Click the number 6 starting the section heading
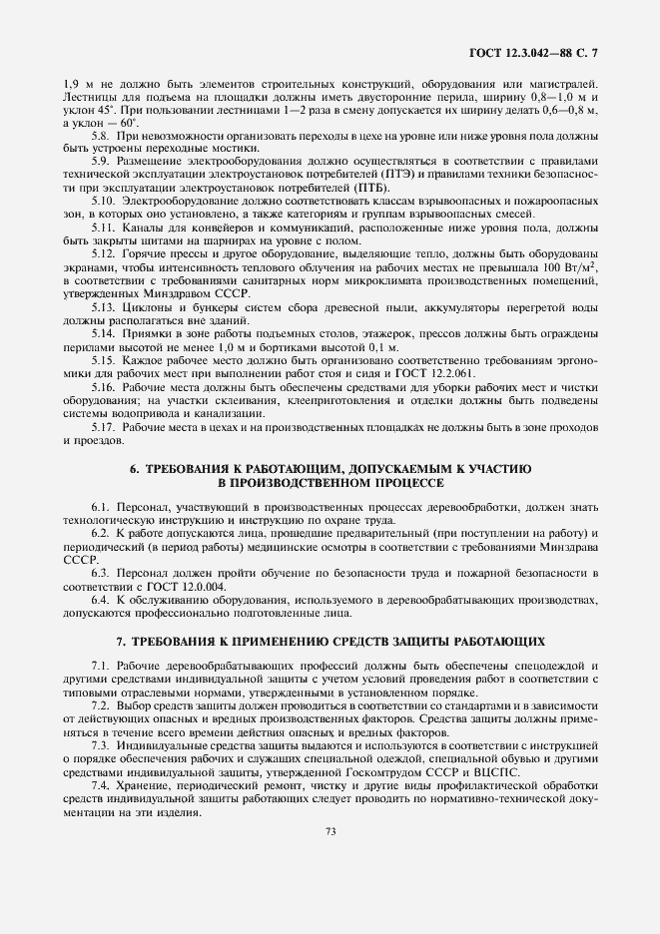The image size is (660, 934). coord(134,467)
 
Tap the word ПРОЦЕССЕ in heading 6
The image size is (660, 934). coord(407,481)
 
